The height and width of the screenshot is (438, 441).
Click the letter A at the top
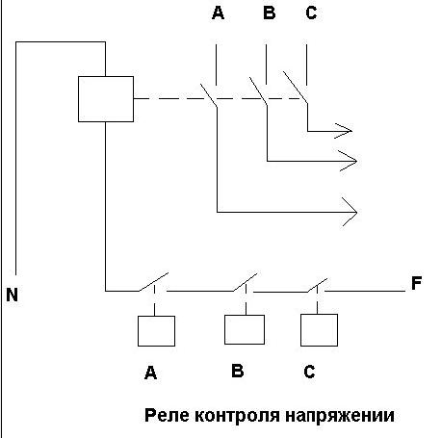coord(218,13)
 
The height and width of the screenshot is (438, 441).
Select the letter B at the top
coord(270,13)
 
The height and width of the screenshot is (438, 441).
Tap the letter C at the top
coord(311,13)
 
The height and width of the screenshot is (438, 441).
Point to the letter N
coord(12,295)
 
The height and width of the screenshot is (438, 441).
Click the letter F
coord(416,283)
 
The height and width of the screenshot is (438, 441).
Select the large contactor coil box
coord(106,99)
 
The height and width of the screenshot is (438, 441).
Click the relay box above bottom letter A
coord(156,331)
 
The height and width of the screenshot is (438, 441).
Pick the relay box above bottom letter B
coord(245,329)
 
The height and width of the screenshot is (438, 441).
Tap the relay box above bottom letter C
coord(319,330)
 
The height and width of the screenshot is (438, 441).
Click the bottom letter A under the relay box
coord(150,373)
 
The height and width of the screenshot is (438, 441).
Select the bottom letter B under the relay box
coord(238,371)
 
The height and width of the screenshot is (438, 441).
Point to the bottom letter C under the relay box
coord(309,372)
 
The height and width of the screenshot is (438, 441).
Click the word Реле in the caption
coord(168,415)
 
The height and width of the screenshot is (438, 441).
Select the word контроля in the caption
coord(237,416)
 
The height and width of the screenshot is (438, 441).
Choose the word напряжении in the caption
coord(340,416)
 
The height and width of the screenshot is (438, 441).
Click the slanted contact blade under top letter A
coord(209,95)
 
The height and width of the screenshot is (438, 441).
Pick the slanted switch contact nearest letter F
coord(317,285)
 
